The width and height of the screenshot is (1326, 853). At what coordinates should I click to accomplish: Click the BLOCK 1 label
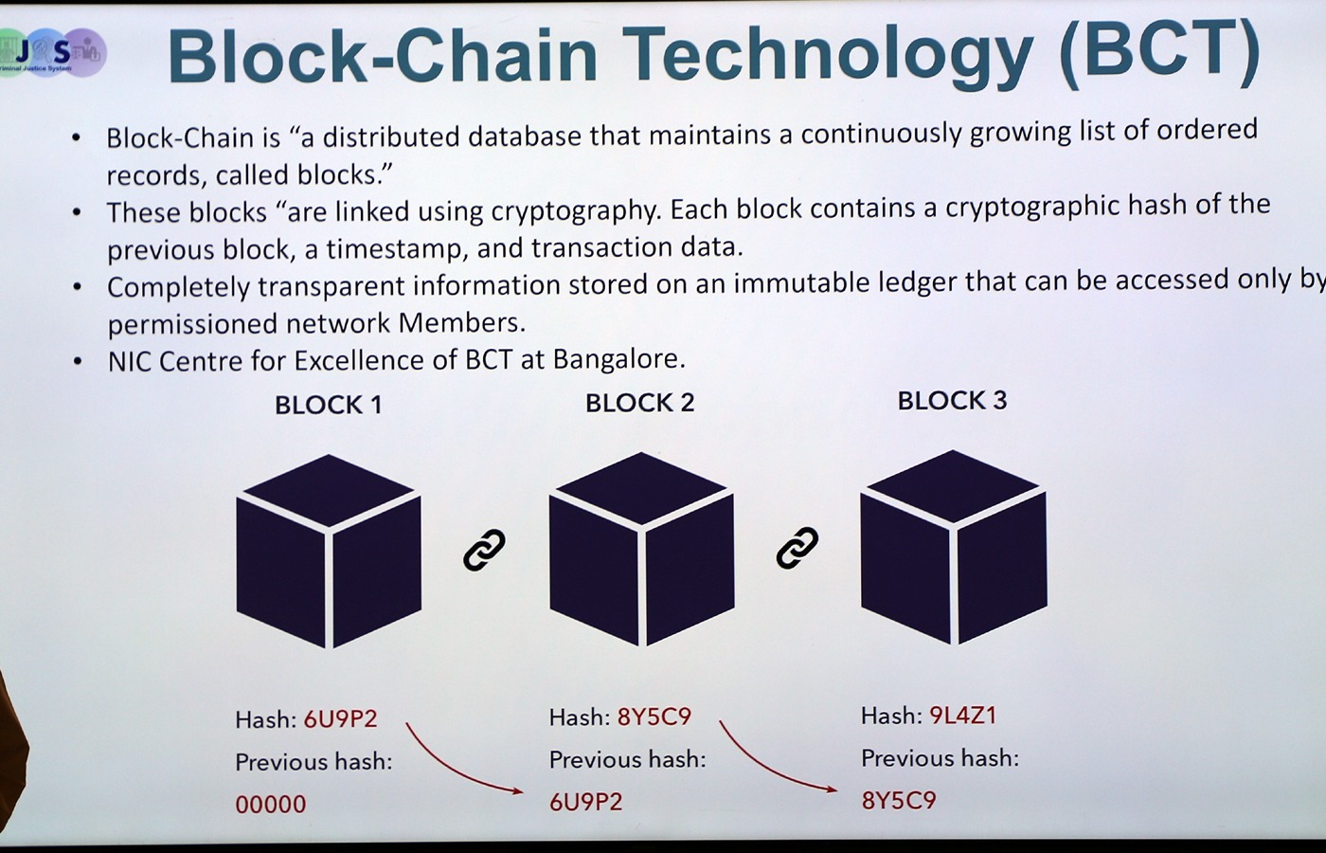pyautogui.click(x=329, y=406)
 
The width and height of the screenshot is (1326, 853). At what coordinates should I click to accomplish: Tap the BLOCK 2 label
pyautogui.click(x=640, y=403)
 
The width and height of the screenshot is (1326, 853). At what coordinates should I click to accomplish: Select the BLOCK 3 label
pyautogui.click(x=952, y=400)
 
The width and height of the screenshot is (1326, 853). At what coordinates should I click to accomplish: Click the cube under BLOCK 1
pyautogui.click(x=329, y=551)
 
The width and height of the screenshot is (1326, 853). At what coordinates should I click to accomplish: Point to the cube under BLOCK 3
pyautogui.click(x=954, y=547)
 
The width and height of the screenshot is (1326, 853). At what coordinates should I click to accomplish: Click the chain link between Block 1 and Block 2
pyautogui.click(x=484, y=550)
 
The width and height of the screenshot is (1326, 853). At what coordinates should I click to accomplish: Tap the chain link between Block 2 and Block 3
pyautogui.click(x=797, y=548)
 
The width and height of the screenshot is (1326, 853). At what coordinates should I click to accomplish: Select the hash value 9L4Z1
pyautogui.click(x=963, y=716)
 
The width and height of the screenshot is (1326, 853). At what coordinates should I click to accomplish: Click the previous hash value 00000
pyautogui.click(x=271, y=805)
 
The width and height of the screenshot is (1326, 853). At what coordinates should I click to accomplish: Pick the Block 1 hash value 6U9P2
pyautogui.click(x=340, y=719)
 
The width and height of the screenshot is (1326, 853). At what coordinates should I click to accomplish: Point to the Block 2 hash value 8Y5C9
pyautogui.click(x=654, y=717)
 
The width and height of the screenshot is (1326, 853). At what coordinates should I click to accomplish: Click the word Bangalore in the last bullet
pyautogui.click(x=619, y=359)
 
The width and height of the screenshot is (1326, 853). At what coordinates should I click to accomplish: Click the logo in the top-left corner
pyautogui.click(x=52, y=53)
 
